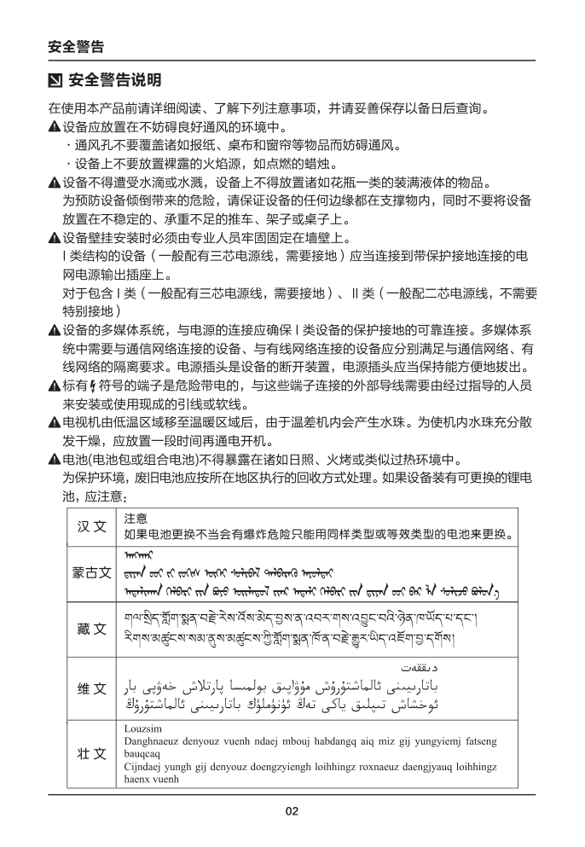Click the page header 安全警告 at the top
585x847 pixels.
(x=76, y=47)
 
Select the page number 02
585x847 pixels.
(x=292, y=811)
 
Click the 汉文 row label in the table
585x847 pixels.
(x=91, y=526)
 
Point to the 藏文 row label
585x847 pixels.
(x=91, y=629)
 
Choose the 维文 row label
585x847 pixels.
(x=91, y=689)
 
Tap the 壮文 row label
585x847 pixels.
(x=91, y=754)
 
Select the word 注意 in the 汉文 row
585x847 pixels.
(x=136, y=518)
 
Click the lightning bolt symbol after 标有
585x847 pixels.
(x=79, y=386)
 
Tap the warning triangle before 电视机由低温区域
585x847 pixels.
(x=54, y=422)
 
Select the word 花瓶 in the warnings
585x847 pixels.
(x=361, y=182)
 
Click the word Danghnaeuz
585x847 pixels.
(x=153, y=742)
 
